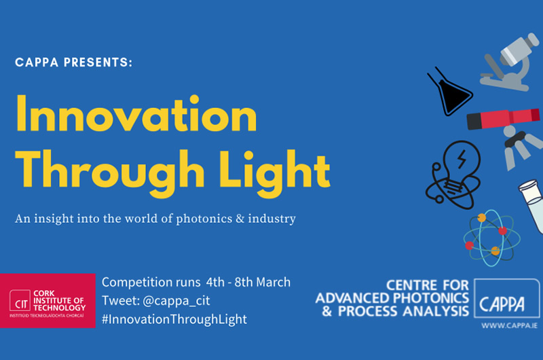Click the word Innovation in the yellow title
136,113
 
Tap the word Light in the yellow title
275,173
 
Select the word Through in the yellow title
110,173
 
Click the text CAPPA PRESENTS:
74,62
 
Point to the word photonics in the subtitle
204,219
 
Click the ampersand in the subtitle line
240,219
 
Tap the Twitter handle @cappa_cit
176,300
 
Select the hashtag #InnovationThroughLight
174,319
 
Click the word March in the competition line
273,283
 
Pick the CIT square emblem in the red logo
20,300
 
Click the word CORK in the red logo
44,293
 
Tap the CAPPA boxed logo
506,298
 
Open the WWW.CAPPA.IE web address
509,325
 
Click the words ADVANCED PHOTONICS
392,298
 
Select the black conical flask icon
450,92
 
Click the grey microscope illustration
510,62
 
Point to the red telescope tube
503,118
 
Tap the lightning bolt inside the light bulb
462,159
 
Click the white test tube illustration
531,205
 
